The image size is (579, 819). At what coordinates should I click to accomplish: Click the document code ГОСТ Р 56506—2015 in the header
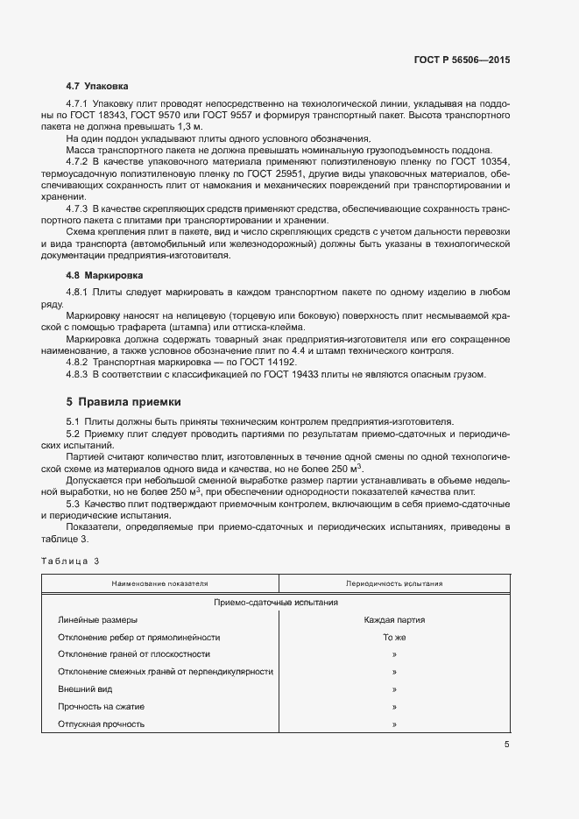462,60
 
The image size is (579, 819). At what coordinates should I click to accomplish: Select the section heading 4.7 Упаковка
97,87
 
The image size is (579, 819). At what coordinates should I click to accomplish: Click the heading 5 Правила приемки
124,402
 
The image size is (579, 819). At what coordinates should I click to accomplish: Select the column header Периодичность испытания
394,583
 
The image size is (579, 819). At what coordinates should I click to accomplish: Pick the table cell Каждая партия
394,620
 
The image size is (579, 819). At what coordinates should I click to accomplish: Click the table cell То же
394,638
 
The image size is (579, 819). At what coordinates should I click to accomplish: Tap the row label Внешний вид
81,689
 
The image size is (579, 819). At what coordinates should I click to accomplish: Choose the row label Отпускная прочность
101,724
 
